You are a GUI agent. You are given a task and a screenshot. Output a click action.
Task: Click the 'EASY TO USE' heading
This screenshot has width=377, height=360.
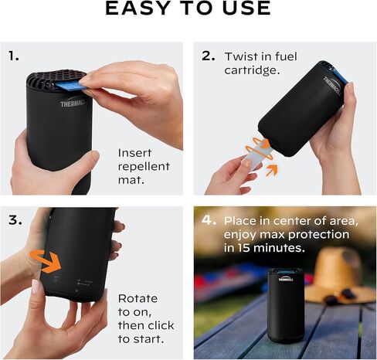(x=188, y=8)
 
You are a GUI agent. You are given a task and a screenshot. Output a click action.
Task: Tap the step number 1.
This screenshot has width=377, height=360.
(x=14, y=56)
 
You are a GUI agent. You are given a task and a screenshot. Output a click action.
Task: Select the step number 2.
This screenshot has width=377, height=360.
(x=209, y=56)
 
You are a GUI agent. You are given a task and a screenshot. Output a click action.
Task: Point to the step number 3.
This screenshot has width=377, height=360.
(x=15, y=220)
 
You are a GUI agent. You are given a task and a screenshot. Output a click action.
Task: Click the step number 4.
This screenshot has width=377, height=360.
(x=209, y=220)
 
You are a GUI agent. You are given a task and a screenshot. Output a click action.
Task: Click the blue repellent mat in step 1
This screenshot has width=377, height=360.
(x=70, y=86)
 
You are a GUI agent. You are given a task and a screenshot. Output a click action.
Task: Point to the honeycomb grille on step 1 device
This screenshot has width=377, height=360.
(x=56, y=77)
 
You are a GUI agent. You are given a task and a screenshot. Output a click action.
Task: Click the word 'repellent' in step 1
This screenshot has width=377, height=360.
(x=144, y=167)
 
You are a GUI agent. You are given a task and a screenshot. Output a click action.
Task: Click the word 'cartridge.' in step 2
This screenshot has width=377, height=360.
(x=252, y=70)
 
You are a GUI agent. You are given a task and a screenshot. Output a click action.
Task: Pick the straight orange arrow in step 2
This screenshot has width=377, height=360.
(x=272, y=170)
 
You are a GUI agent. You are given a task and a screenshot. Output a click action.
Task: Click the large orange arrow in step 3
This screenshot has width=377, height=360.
(x=46, y=261)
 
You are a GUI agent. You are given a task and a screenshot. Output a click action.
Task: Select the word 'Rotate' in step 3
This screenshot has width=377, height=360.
(x=138, y=299)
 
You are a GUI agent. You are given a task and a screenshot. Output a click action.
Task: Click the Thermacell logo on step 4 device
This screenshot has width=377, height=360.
(x=286, y=279)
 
